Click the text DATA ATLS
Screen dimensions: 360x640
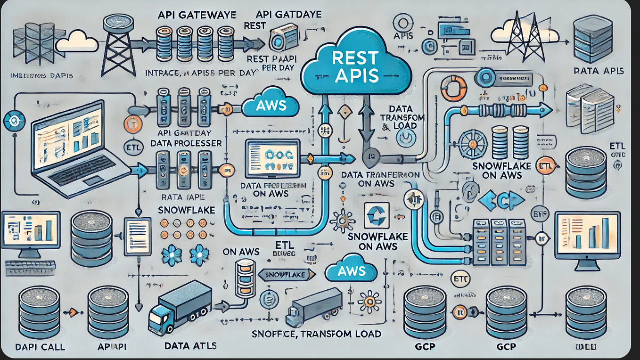(x=191, y=346)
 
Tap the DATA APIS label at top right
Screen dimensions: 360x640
(x=599, y=71)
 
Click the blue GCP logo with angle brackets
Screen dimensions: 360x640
(x=501, y=200)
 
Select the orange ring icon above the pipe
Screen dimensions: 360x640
(x=453, y=88)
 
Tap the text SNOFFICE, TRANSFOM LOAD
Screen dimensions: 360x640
(x=315, y=335)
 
